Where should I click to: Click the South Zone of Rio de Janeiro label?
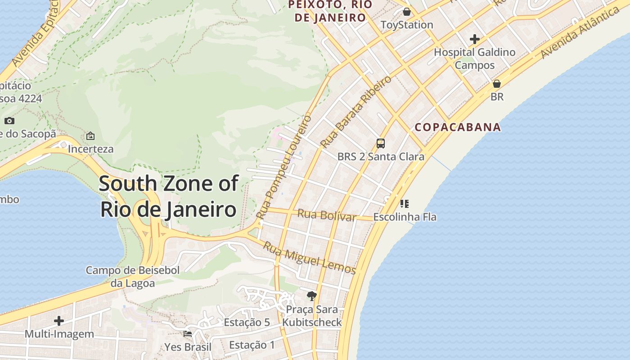coord(168,197)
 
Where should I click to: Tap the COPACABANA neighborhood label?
coord(458,127)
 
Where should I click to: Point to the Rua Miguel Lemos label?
coord(310,258)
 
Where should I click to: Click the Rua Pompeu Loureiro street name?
coord(284,167)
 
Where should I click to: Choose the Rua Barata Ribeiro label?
coord(356,112)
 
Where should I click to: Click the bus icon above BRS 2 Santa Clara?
coord(381,144)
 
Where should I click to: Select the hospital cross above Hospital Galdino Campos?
coord(474,39)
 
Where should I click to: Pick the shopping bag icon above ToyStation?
coord(407,12)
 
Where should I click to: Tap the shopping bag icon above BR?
coord(497,84)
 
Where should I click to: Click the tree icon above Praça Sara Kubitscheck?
coord(311,296)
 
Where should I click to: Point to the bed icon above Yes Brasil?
coord(188,333)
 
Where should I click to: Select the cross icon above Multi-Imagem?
coord(59,321)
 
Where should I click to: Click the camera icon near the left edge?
coord(9,121)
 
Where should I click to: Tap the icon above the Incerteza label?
coord(90,135)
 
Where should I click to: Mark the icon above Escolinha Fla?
coord(405,204)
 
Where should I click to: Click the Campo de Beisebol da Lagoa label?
coord(133,276)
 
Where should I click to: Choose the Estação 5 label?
coord(247,322)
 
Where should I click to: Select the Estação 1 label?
coord(252,345)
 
